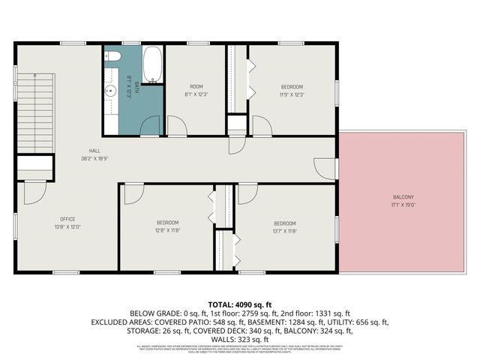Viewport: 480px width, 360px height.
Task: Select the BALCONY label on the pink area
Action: click(402, 197)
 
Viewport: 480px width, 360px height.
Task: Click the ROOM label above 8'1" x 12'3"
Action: click(196, 86)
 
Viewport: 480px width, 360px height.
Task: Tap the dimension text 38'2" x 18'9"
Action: click(95, 158)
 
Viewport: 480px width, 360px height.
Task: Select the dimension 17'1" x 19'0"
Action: click(402, 205)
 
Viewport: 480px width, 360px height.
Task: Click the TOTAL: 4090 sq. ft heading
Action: click(240, 304)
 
